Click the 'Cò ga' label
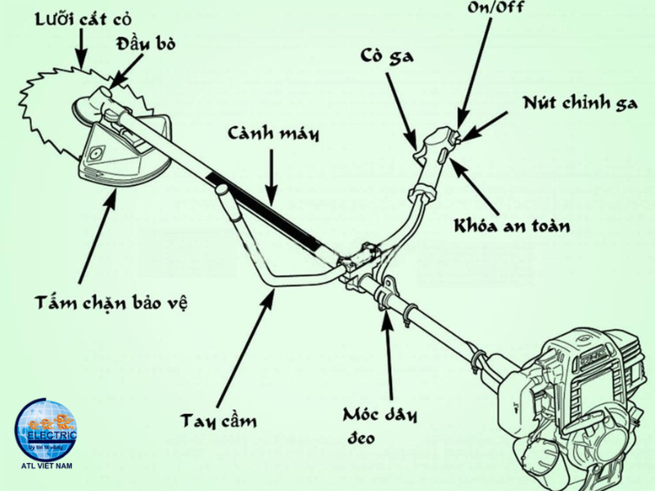tap(386, 56)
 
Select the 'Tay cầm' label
tap(219, 421)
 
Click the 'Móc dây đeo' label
tap(382, 424)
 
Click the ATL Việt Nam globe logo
tap(47, 433)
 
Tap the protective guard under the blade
tap(123, 155)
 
